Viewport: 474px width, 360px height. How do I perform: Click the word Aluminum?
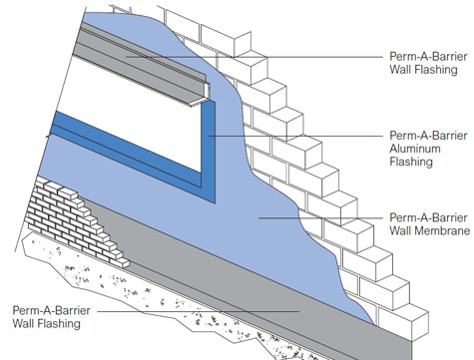(x=415, y=149)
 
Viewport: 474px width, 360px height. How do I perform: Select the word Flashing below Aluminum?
(x=411, y=162)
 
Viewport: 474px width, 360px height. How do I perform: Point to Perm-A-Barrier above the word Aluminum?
(x=428, y=136)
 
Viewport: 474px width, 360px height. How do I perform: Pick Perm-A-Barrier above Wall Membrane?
(x=428, y=218)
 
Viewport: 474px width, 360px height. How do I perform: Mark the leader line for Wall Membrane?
(x=321, y=218)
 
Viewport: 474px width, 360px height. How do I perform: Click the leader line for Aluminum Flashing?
(x=295, y=136)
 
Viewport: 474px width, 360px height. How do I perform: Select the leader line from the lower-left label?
(x=199, y=311)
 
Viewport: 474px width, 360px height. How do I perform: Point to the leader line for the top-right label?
(x=254, y=57)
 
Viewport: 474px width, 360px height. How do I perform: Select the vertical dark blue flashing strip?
(x=209, y=150)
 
